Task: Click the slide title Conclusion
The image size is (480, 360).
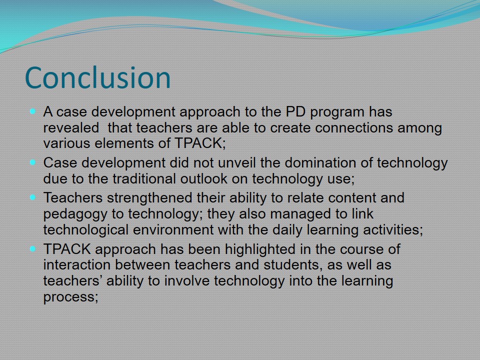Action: [x=97, y=78]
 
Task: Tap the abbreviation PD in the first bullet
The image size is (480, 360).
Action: [x=295, y=111]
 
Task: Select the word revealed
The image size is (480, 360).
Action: [x=71, y=127]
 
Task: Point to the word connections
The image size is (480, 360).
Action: [x=354, y=127]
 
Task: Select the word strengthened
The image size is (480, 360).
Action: [x=149, y=198]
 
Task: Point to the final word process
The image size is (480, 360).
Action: [x=70, y=297]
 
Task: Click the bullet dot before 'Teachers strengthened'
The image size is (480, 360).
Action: [x=33, y=197]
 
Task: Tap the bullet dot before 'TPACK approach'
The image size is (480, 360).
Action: [x=33, y=249]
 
